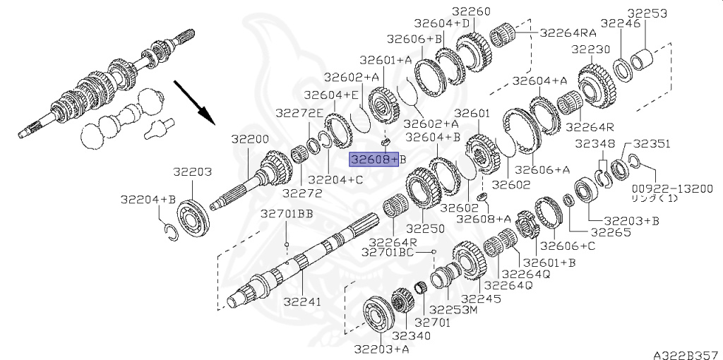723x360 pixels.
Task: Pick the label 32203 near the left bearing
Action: click(x=192, y=172)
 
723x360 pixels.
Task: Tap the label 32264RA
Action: click(x=568, y=32)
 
